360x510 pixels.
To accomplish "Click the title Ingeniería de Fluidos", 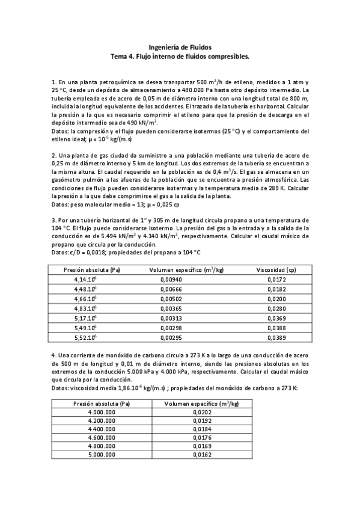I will tap(180, 46).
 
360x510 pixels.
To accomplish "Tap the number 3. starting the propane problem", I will tap(53, 221).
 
